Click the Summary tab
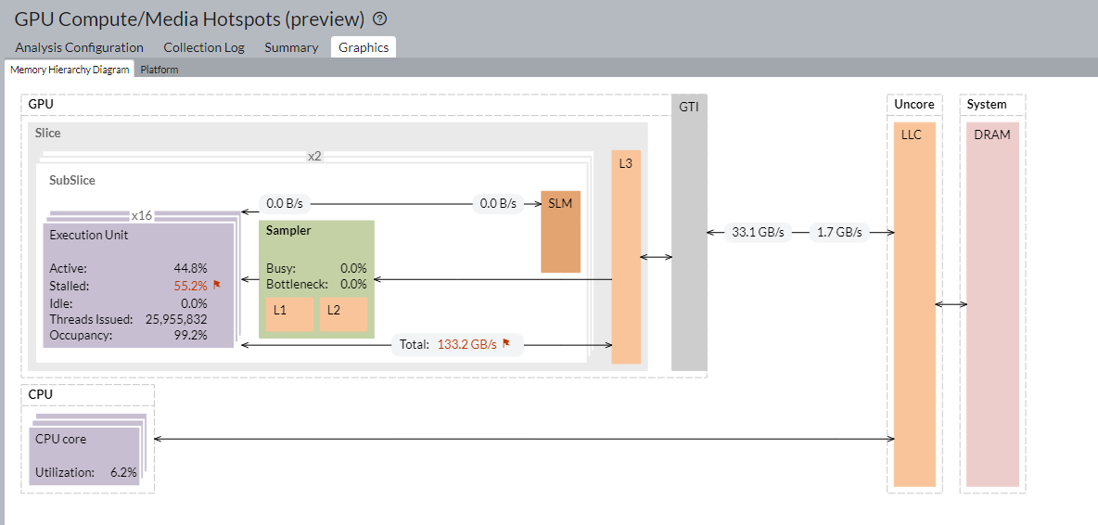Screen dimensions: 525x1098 [x=291, y=47]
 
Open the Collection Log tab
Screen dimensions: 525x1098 [x=204, y=47]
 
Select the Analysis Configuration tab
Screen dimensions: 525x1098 [x=80, y=47]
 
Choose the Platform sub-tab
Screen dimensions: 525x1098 [x=160, y=70]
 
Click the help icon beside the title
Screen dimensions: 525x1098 [x=379, y=19]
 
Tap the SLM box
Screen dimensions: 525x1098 [x=560, y=203]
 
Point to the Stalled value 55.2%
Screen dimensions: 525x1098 [x=191, y=286]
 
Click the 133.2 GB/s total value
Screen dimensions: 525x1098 [x=467, y=344]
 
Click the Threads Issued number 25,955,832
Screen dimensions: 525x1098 [x=176, y=319]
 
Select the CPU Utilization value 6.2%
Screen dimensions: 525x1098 [x=123, y=472]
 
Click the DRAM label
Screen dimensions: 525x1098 [x=992, y=134]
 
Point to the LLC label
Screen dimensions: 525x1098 [x=912, y=134]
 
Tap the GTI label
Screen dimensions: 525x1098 [x=689, y=107]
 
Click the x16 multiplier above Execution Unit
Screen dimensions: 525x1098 [x=142, y=215]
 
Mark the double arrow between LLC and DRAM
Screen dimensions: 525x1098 [x=951, y=304]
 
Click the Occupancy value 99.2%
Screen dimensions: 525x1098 [x=191, y=335]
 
